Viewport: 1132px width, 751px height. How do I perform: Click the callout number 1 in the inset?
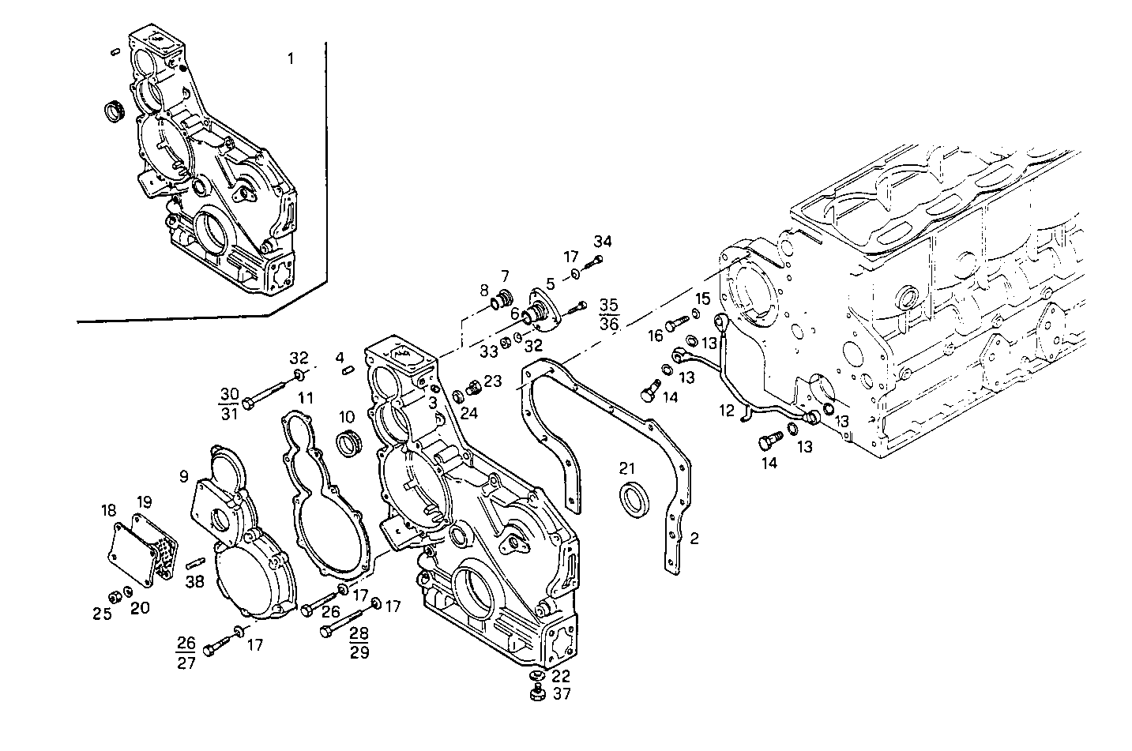tap(291, 58)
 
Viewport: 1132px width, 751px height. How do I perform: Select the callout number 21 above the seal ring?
tap(627, 469)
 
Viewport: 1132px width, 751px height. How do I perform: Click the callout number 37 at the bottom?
tap(562, 694)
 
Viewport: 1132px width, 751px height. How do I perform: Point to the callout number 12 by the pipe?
tap(727, 411)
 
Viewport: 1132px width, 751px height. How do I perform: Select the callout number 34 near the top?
tap(603, 241)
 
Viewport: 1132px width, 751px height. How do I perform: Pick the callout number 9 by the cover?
tap(183, 476)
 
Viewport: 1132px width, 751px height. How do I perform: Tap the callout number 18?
tap(109, 511)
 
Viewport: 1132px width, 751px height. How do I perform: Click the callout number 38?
tap(194, 583)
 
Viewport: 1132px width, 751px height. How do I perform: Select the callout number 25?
tap(103, 614)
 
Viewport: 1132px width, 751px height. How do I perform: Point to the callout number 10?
tap(347, 416)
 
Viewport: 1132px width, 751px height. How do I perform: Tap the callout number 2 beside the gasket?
tap(694, 539)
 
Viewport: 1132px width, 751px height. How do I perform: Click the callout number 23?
tap(493, 381)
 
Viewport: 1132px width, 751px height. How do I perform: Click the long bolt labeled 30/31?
tap(268, 390)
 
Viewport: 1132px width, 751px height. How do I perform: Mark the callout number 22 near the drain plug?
tap(562, 676)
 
